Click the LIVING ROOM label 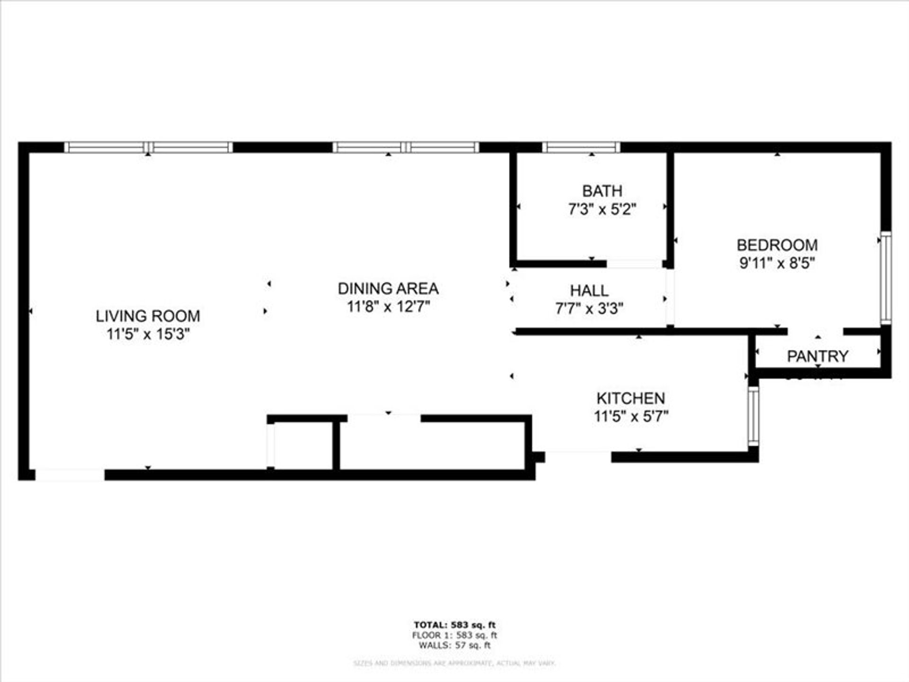point(148,316)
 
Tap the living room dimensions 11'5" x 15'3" point(148,334)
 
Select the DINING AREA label point(388,288)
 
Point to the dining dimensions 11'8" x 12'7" point(388,306)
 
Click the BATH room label point(602,191)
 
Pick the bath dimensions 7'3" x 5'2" point(602,209)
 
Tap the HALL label point(589,290)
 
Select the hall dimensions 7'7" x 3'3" point(589,309)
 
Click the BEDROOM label point(777,245)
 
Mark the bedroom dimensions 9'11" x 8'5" point(777,263)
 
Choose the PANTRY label point(817,356)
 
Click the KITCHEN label point(631,398)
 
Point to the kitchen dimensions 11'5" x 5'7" point(631,416)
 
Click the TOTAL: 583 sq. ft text point(454,625)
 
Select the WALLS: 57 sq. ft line point(454,646)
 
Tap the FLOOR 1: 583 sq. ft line point(454,636)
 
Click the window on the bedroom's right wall point(886,278)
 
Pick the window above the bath point(581,147)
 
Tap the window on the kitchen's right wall point(753,416)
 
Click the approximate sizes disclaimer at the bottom point(454,664)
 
